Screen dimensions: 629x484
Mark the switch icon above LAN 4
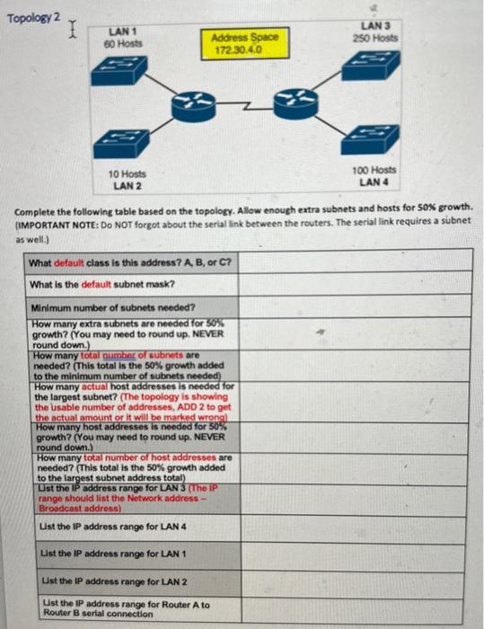tap(370, 137)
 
